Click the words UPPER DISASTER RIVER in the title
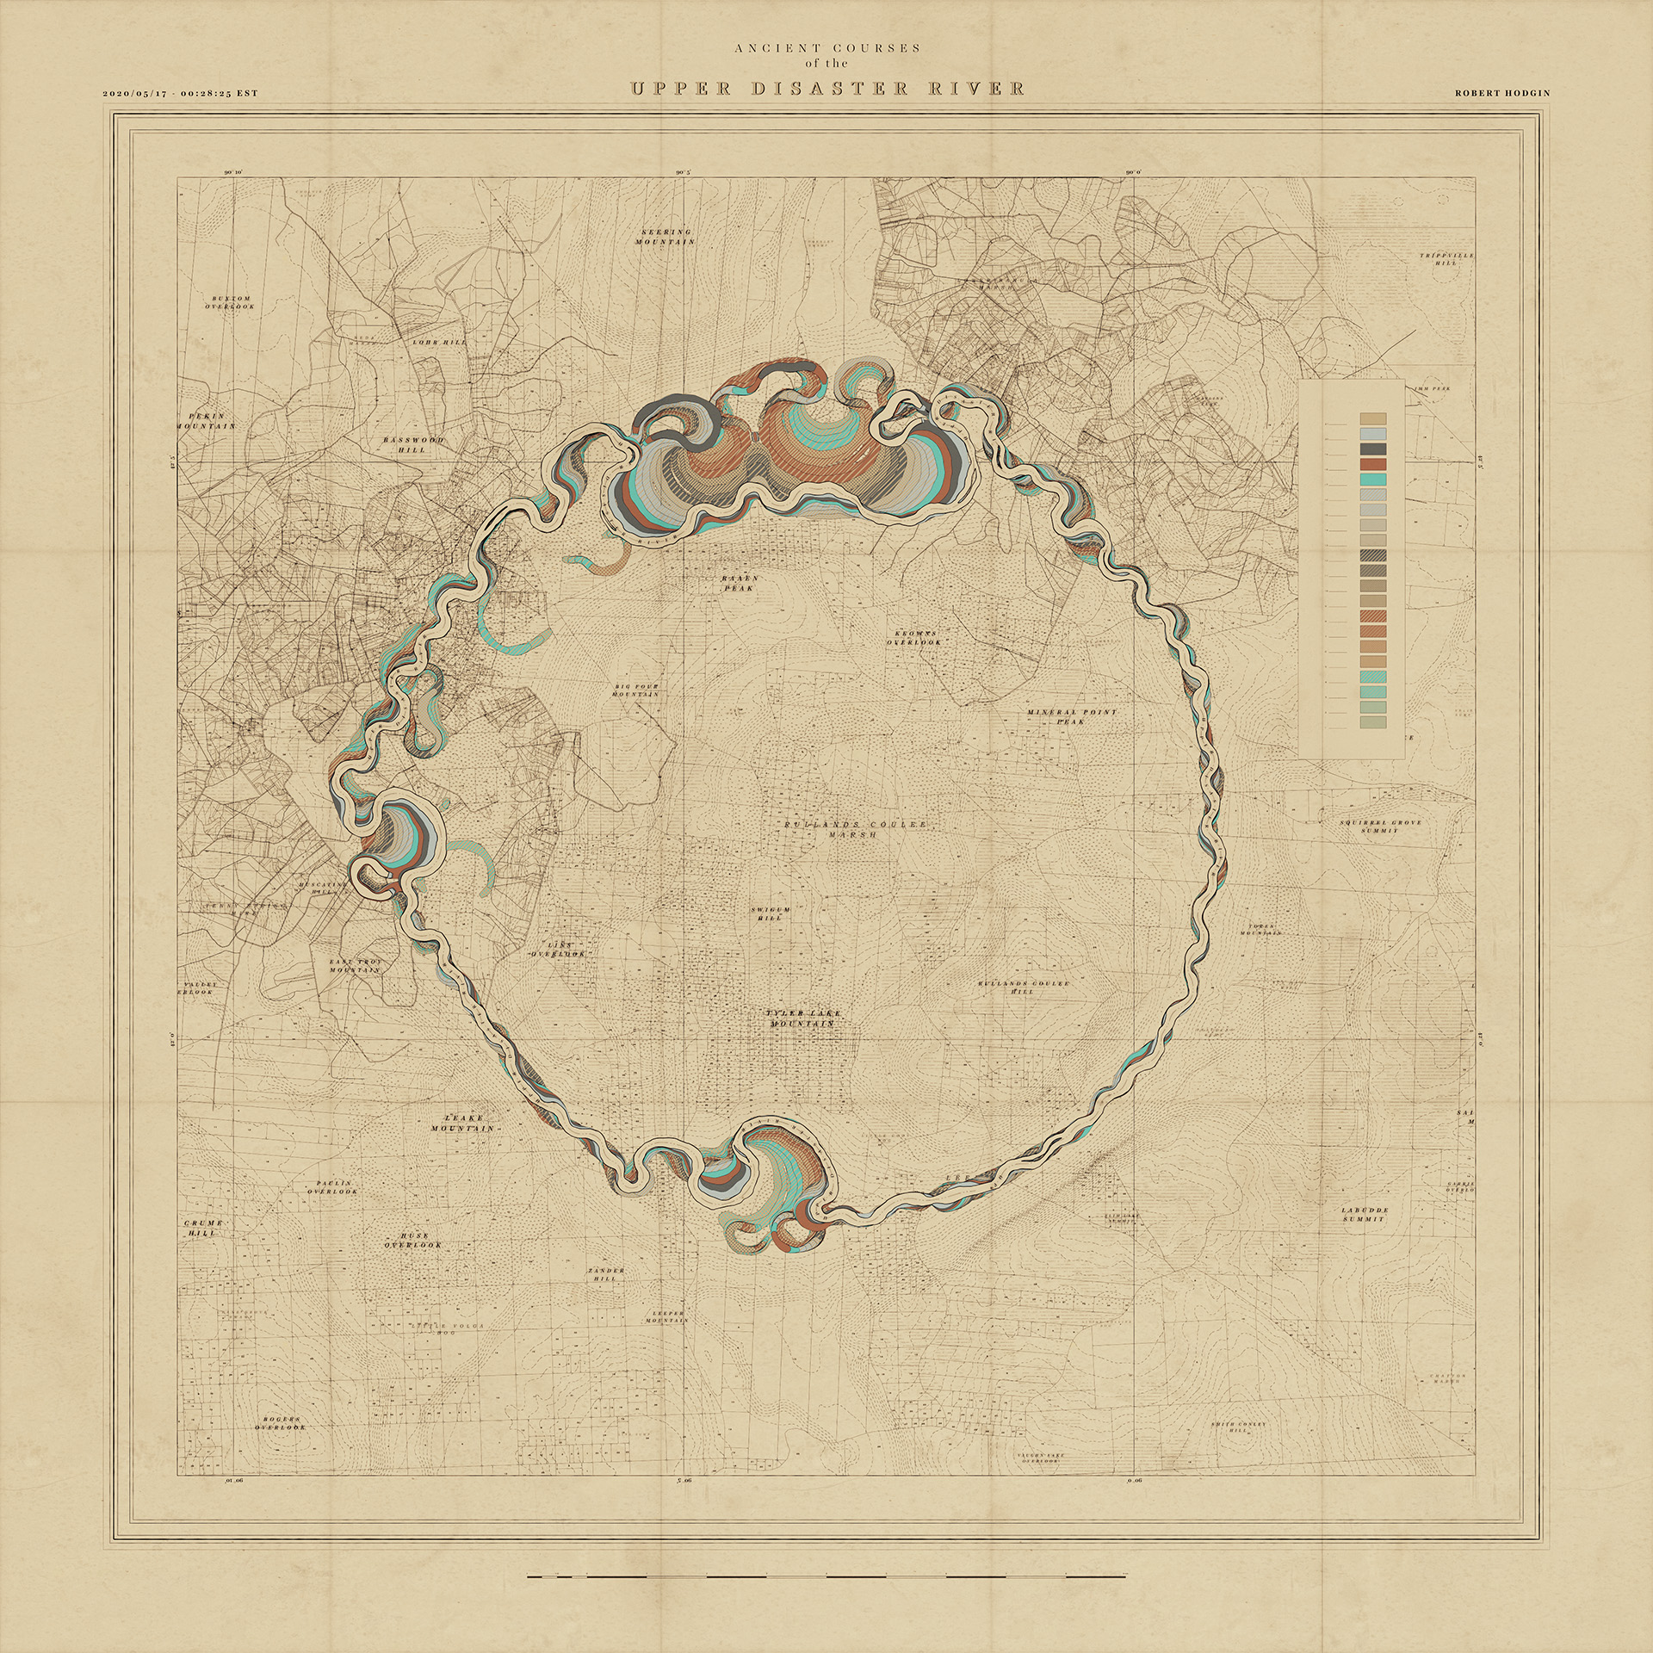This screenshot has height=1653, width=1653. click(827, 89)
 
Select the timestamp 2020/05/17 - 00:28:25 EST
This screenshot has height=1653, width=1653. click(180, 93)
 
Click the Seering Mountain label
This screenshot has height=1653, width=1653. click(666, 237)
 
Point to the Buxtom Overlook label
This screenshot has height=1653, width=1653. click(229, 300)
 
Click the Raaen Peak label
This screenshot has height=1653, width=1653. click(738, 583)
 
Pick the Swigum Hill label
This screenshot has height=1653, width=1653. click(769, 913)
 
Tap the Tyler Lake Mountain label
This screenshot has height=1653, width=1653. click(802, 1018)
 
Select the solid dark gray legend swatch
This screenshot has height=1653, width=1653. click(1372, 449)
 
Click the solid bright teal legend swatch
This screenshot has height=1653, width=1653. click(1372, 480)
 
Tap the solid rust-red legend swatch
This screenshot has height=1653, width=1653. click(1372, 465)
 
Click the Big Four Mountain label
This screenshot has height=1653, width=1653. click(636, 690)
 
